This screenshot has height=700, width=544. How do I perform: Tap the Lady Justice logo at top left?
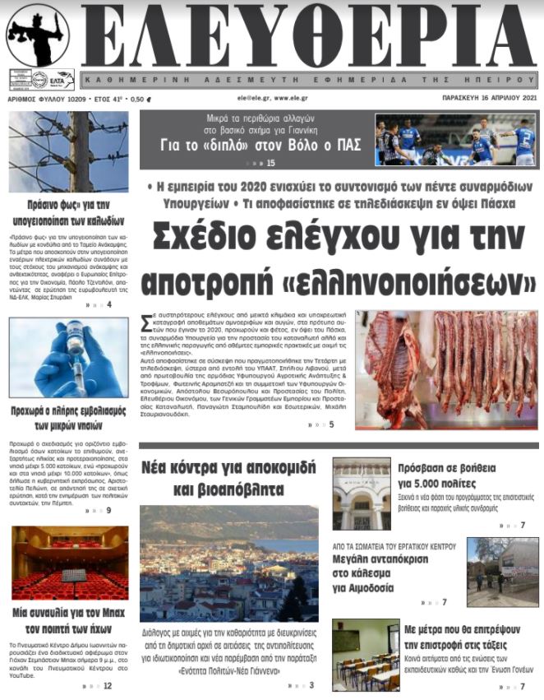(38, 36)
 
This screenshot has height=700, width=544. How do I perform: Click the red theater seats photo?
(69, 563)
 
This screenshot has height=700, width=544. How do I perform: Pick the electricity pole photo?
(69, 152)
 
